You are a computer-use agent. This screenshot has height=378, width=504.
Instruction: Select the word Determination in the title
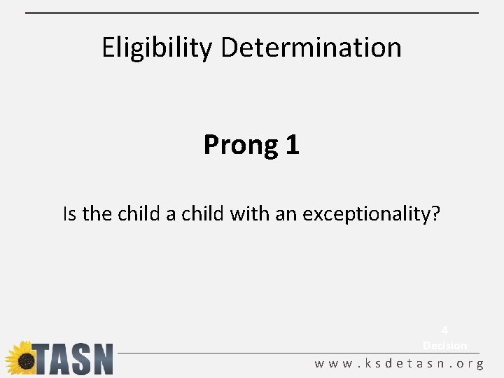[x=311, y=48]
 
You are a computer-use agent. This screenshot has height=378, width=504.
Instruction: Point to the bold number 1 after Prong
[x=292, y=145]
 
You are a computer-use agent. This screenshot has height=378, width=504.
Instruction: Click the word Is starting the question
[x=69, y=213]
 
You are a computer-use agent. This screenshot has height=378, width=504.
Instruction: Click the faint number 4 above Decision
[x=444, y=330]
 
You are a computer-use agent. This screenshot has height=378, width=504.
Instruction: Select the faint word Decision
[x=444, y=345]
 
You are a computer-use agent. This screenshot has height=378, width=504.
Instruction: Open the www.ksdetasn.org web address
[x=399, y=364]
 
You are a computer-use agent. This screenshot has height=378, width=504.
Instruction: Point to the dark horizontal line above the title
[x=252, y=13]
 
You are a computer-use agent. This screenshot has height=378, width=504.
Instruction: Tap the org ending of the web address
[x=466, y=364]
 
